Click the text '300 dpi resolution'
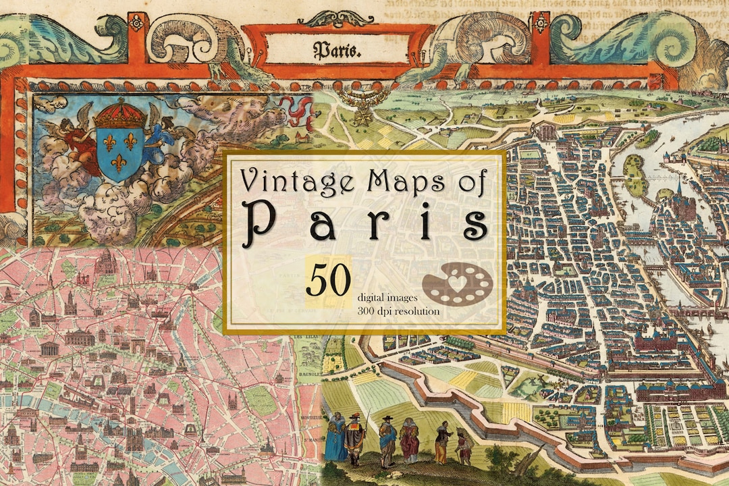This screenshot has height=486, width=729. click(399, 311)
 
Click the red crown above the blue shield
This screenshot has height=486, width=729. click(121, 115)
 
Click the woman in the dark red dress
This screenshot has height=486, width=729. click(409, 440)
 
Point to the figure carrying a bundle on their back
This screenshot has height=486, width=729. click(463, 446)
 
